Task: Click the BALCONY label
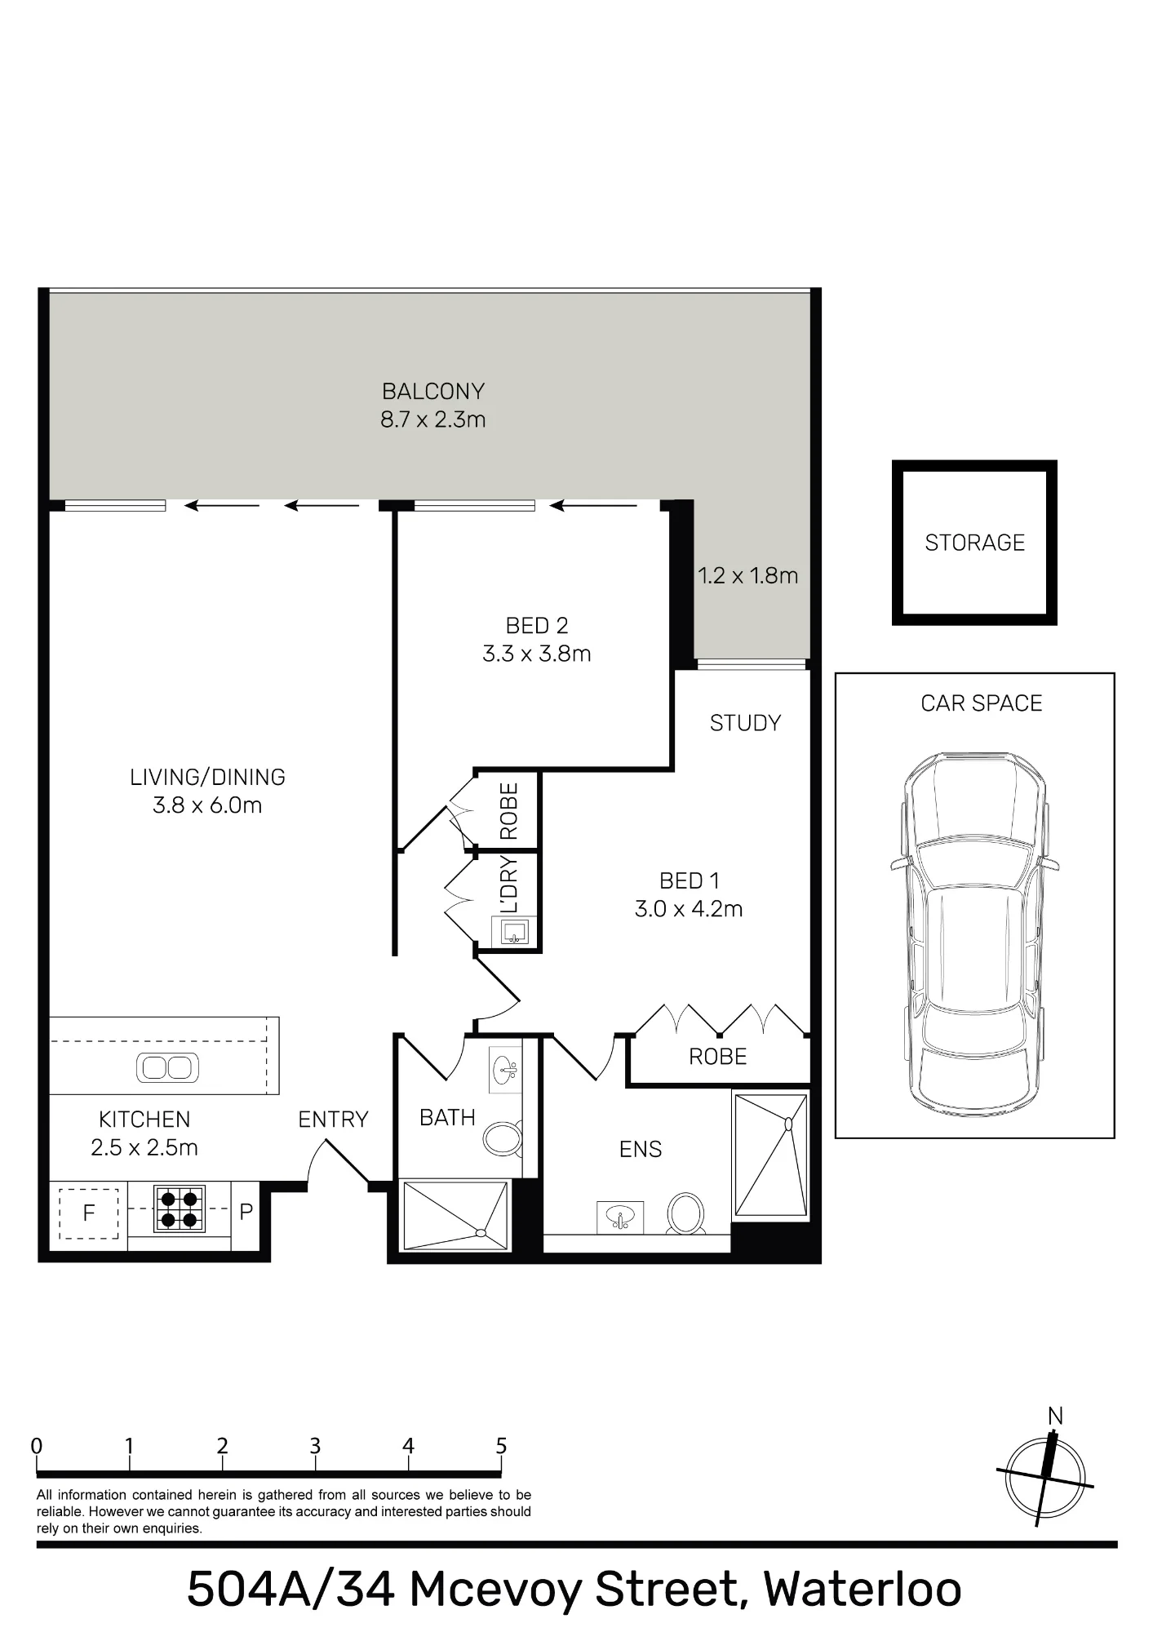click(433, 392)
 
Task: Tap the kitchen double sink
click(167, 1067)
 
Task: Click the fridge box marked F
click(89, 1213)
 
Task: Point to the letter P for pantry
click(246, 1212)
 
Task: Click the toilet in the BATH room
click(503, 1138)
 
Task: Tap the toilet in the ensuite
click(686, 1213)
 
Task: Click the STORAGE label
click(974, 543)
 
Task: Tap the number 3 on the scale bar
click(315, 1446)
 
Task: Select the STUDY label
click(745, 723)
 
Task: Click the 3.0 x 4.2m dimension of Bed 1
click(689, 909)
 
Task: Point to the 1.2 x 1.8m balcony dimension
click(747, 576)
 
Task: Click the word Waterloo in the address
click(863, 1589)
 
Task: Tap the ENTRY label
click(333, 1120)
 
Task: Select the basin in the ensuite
click(619, 1216)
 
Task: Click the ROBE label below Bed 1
click(717, 1057)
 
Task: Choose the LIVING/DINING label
click(207, 778)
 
